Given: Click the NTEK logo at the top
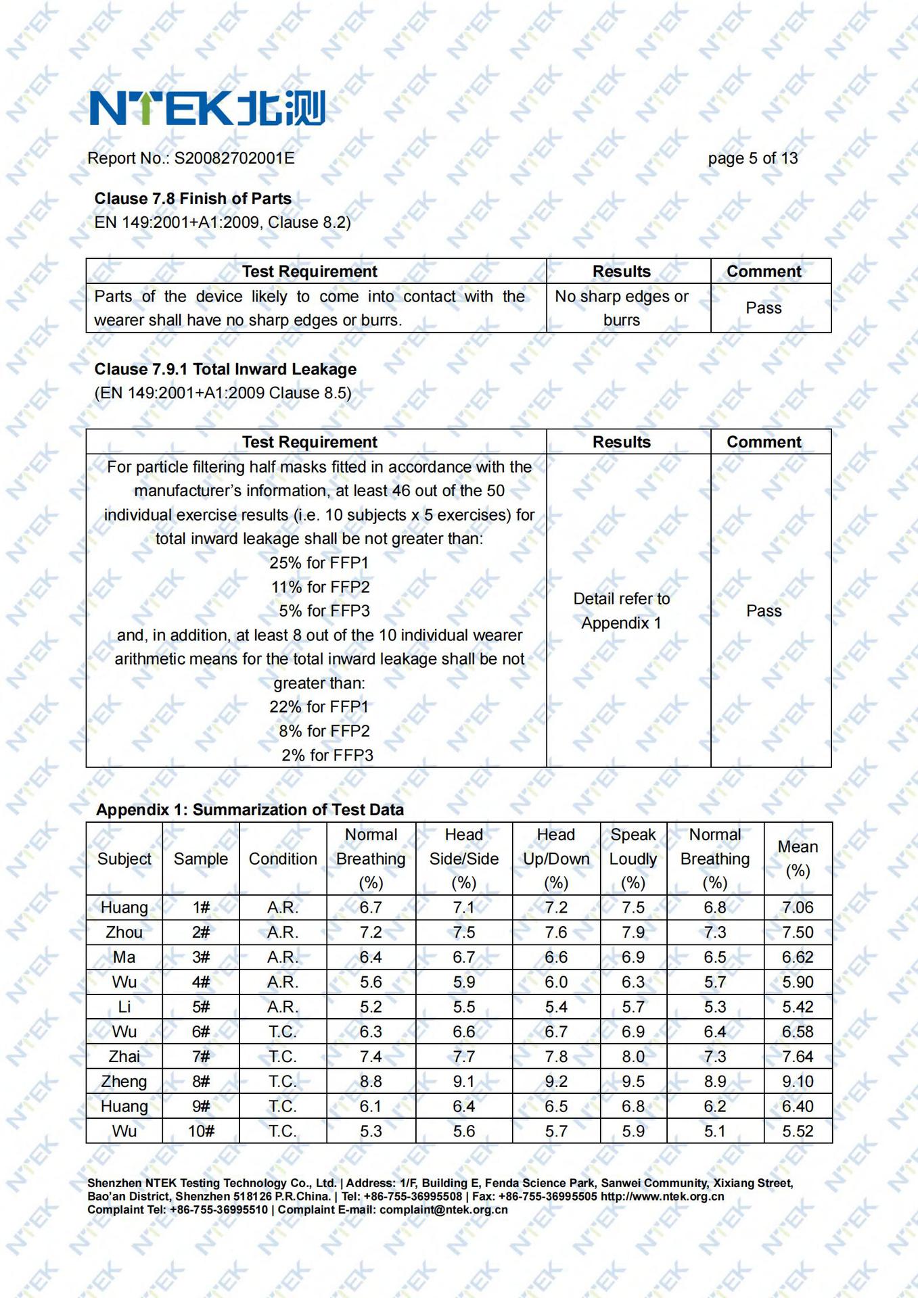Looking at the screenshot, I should click(207, 108).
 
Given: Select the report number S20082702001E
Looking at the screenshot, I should click(234, 158).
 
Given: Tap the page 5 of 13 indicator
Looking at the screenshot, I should click(752, 158).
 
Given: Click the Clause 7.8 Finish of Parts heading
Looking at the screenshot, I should click(193, 199).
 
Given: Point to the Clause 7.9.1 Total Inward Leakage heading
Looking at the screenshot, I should click(225, 369).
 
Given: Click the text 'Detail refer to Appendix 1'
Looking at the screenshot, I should click(621, 610).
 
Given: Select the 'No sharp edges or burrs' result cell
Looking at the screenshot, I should click(621, 308).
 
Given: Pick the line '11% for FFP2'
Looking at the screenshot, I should click(321, 587).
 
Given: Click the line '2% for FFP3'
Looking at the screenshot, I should click(327, 755).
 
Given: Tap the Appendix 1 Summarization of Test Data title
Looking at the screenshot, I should click(250, 810).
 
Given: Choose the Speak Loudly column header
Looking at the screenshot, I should click(633, 859).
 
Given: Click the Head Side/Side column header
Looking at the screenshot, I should click(464, 859).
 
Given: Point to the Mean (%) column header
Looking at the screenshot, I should click(798, 859).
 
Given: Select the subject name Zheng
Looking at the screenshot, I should click(124, 1082).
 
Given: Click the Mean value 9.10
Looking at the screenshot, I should click(798, 1082).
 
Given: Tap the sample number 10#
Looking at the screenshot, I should click(201, 1131).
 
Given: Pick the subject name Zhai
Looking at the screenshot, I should click(124, 1057).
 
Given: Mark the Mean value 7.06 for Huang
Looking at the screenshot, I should click(798, 907).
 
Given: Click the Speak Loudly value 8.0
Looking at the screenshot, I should click(633, 1057).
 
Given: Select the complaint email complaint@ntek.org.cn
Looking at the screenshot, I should click(443, 1209).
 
